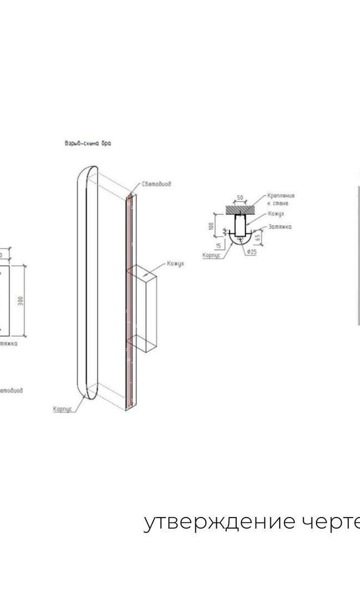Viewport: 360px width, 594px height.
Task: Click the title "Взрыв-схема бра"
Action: pyautogui.click(x=88, y=144)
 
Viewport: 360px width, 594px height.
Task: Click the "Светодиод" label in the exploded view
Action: pyautogui.click(x=156, y=185)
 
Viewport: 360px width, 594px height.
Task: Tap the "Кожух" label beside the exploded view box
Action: pyautogui.click(x=175, y=263)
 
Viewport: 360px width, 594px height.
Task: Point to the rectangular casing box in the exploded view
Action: pyautogui.click(x=144, y=310)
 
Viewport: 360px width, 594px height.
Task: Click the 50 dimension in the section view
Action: pyautogui.click(x=240, y=198)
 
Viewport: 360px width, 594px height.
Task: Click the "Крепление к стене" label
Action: pyautogui.click(x=281, y=200)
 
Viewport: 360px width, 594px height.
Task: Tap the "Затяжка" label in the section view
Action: pyautogui.click(x=280, y=227)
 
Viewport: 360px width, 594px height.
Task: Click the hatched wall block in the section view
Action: pyautogui.click(x=240, y=207)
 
